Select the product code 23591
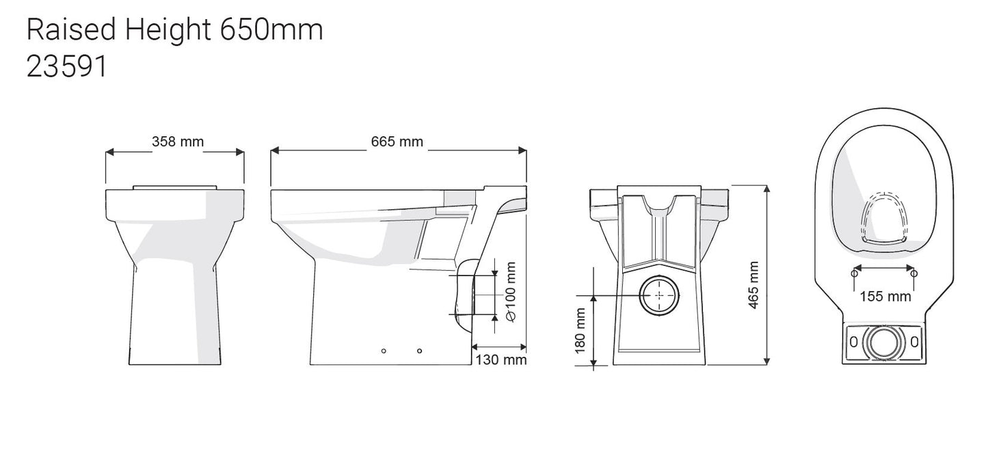[x=66, y=68]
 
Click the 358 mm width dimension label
[x=177, y=142]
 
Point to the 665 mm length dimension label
[x=397, y=142]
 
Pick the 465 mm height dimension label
[x=753, y=285]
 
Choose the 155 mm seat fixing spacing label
[x=885, y=297]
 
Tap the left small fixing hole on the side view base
[x=384, y=351]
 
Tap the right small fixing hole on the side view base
[x=419, y=351]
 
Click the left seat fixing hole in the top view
[x=855, y=273]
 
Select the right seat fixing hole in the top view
[x=915, y=273]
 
